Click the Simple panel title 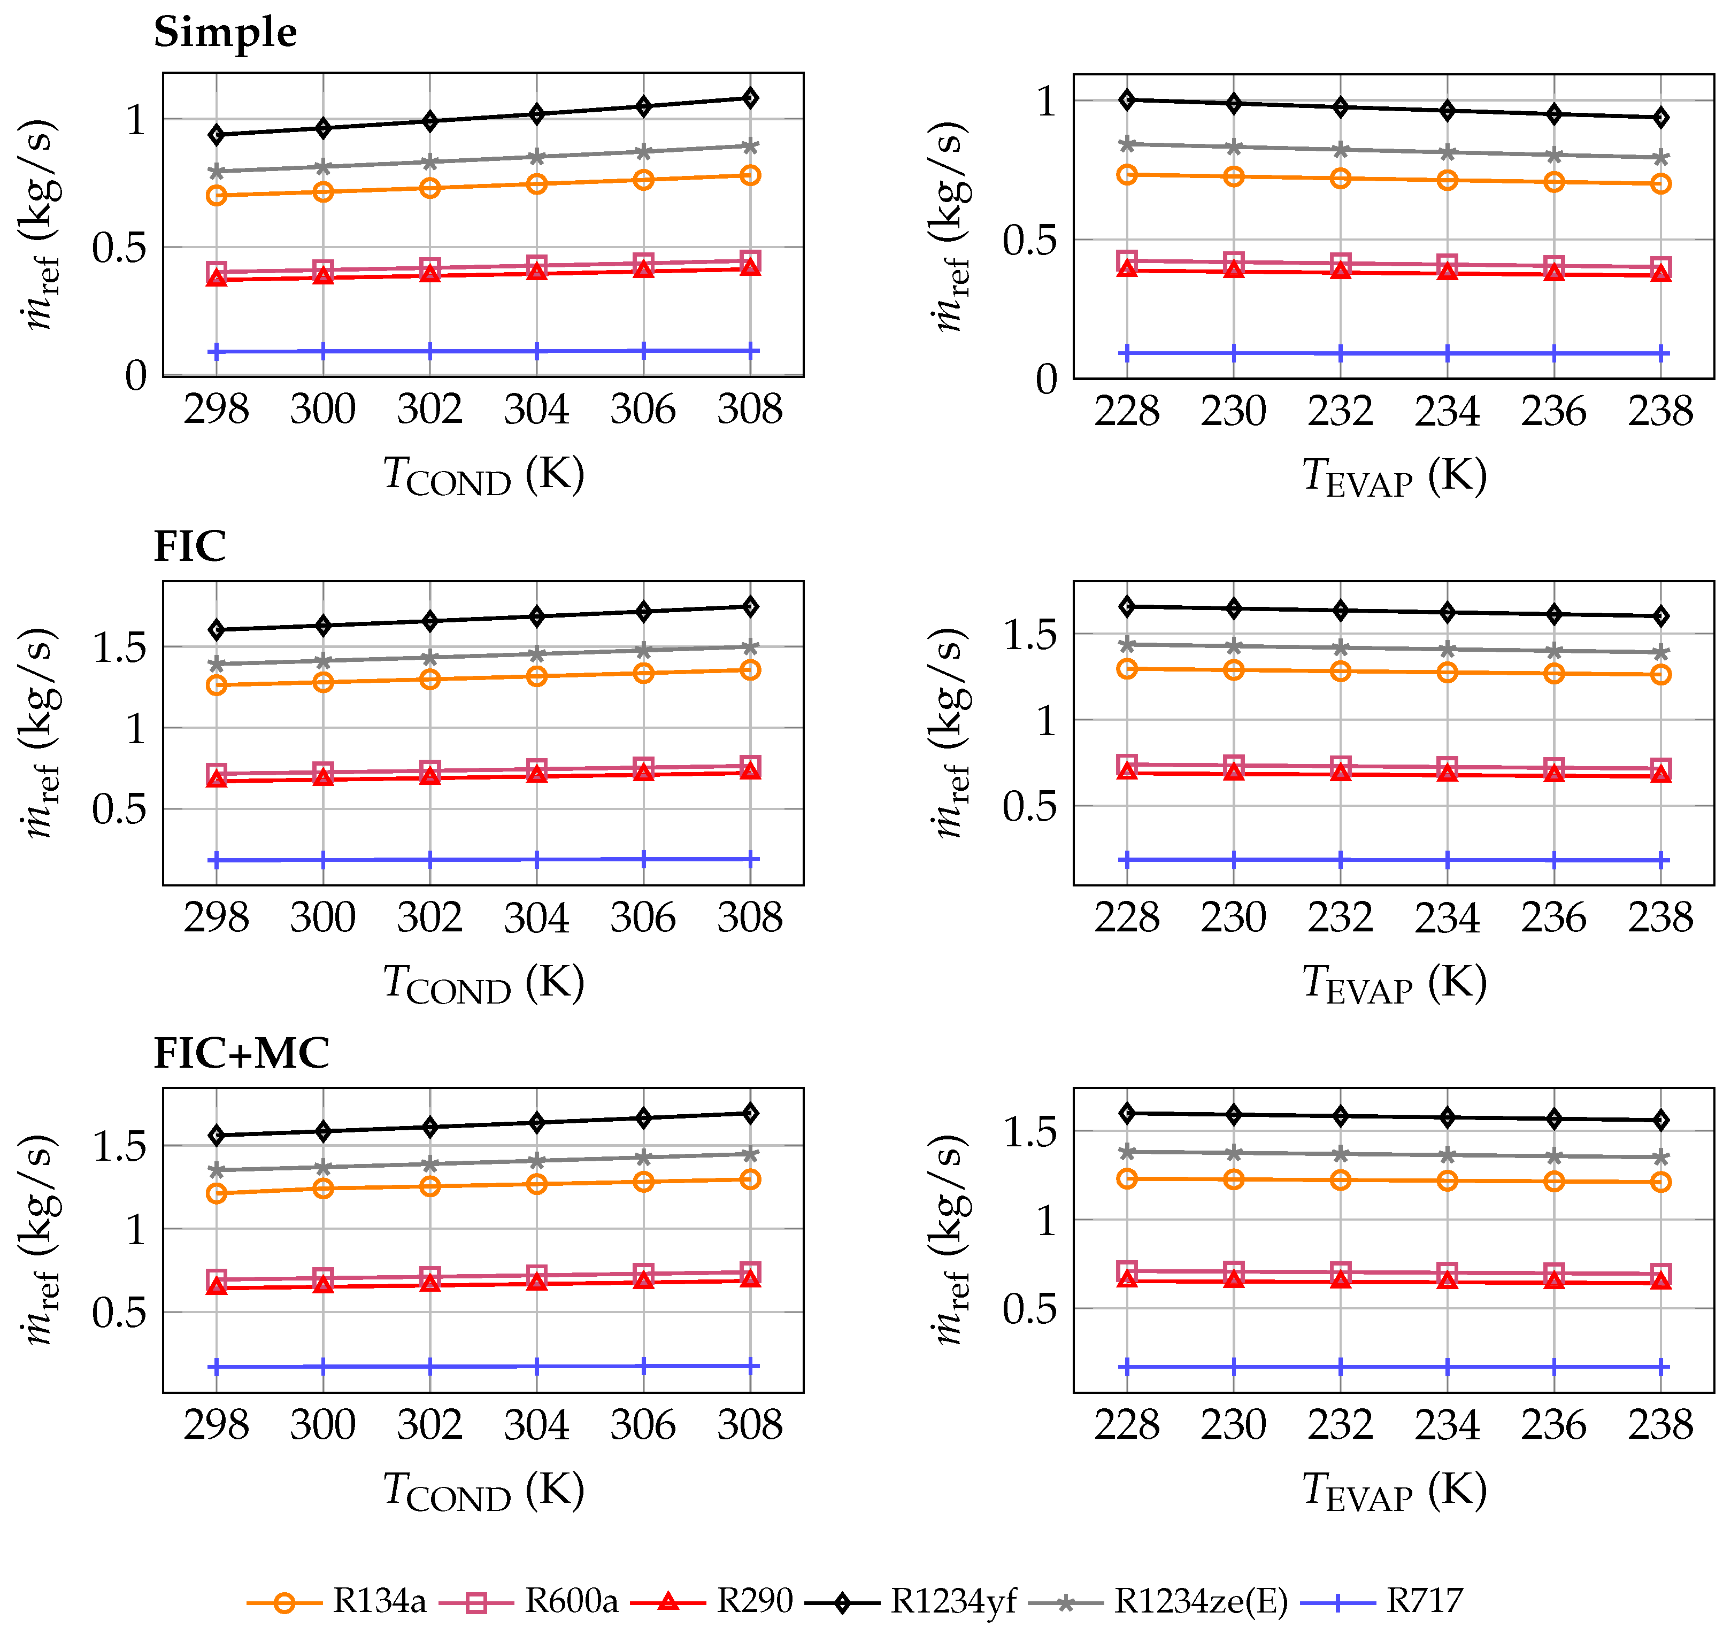click(x=225, y=33)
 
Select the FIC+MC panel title click(x=242, y=1053)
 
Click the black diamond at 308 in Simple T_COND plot click(x=750, y=98)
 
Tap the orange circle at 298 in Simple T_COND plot click(x=217, y=195)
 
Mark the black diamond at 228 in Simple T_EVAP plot click(x=1127, y=100)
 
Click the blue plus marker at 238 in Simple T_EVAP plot click(x=1661, y=354)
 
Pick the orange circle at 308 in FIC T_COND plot click(x=750, y=670)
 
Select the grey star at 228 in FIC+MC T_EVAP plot click(x=1127, y=1152)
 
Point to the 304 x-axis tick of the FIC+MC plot click(x=537, y=1425)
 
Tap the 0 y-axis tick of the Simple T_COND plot click(x=136, y=376)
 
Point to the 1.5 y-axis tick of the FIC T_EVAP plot click(x=1030, y=633)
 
